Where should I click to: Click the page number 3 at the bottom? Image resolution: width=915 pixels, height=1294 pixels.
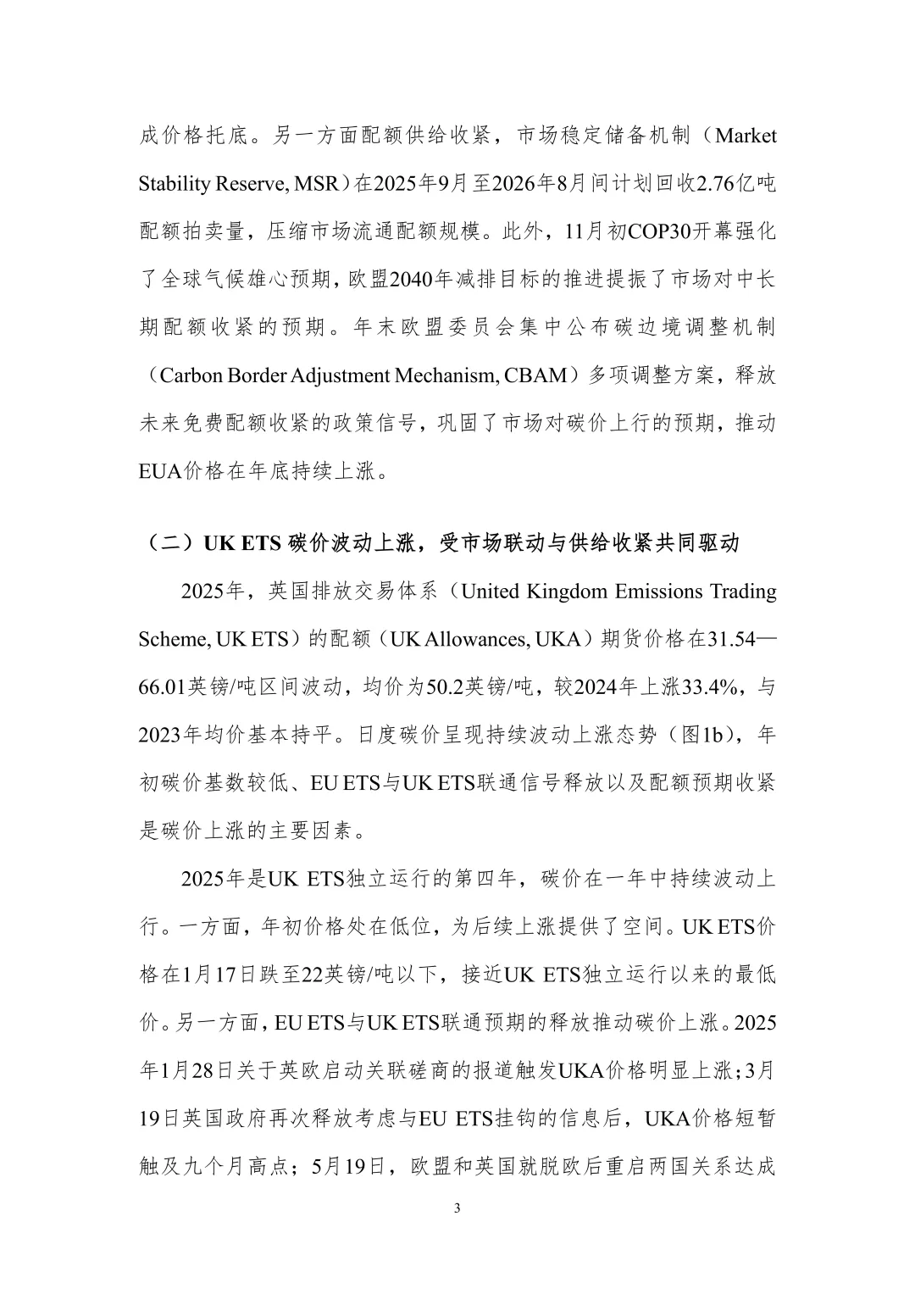click(x=457, y=1208)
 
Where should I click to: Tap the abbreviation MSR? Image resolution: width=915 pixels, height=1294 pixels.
click(x=315, y=184)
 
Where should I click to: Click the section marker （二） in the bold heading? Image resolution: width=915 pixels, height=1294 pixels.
click(x=169, y=543)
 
